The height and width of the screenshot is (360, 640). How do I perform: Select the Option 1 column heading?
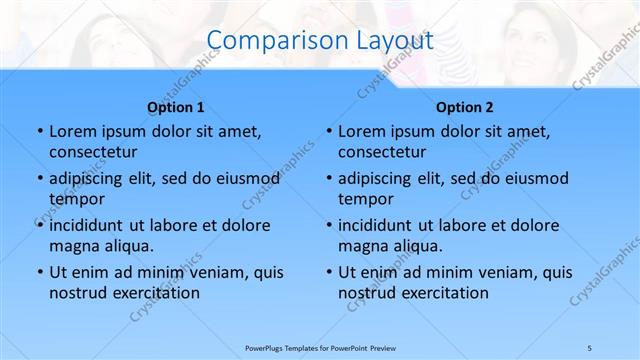pos(176,106)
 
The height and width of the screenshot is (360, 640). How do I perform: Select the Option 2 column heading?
pos(465,106)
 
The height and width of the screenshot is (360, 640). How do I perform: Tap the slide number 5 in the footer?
pos(590,346)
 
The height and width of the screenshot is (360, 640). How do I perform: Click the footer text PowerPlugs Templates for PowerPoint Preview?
pos(319,346)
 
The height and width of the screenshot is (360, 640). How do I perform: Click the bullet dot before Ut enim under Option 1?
pos(39,272)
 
